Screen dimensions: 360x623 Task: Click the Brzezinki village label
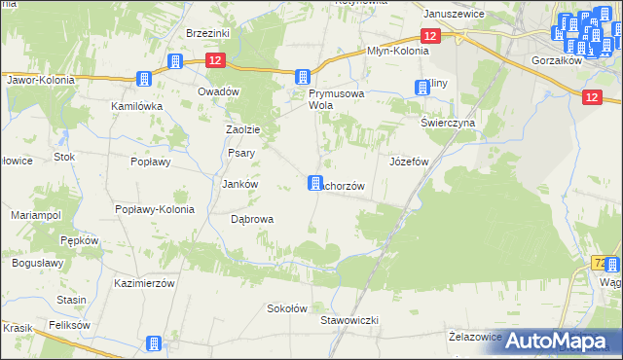207,32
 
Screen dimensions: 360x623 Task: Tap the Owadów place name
218,90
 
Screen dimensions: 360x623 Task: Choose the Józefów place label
409,162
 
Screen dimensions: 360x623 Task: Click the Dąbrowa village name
251,219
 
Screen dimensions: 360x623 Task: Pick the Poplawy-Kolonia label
155,209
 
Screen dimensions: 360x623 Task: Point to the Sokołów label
287,308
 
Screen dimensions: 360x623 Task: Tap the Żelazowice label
475,336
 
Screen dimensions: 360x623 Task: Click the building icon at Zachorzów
314,183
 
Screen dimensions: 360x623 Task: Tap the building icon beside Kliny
421,87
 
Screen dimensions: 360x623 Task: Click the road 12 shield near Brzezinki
216,60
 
